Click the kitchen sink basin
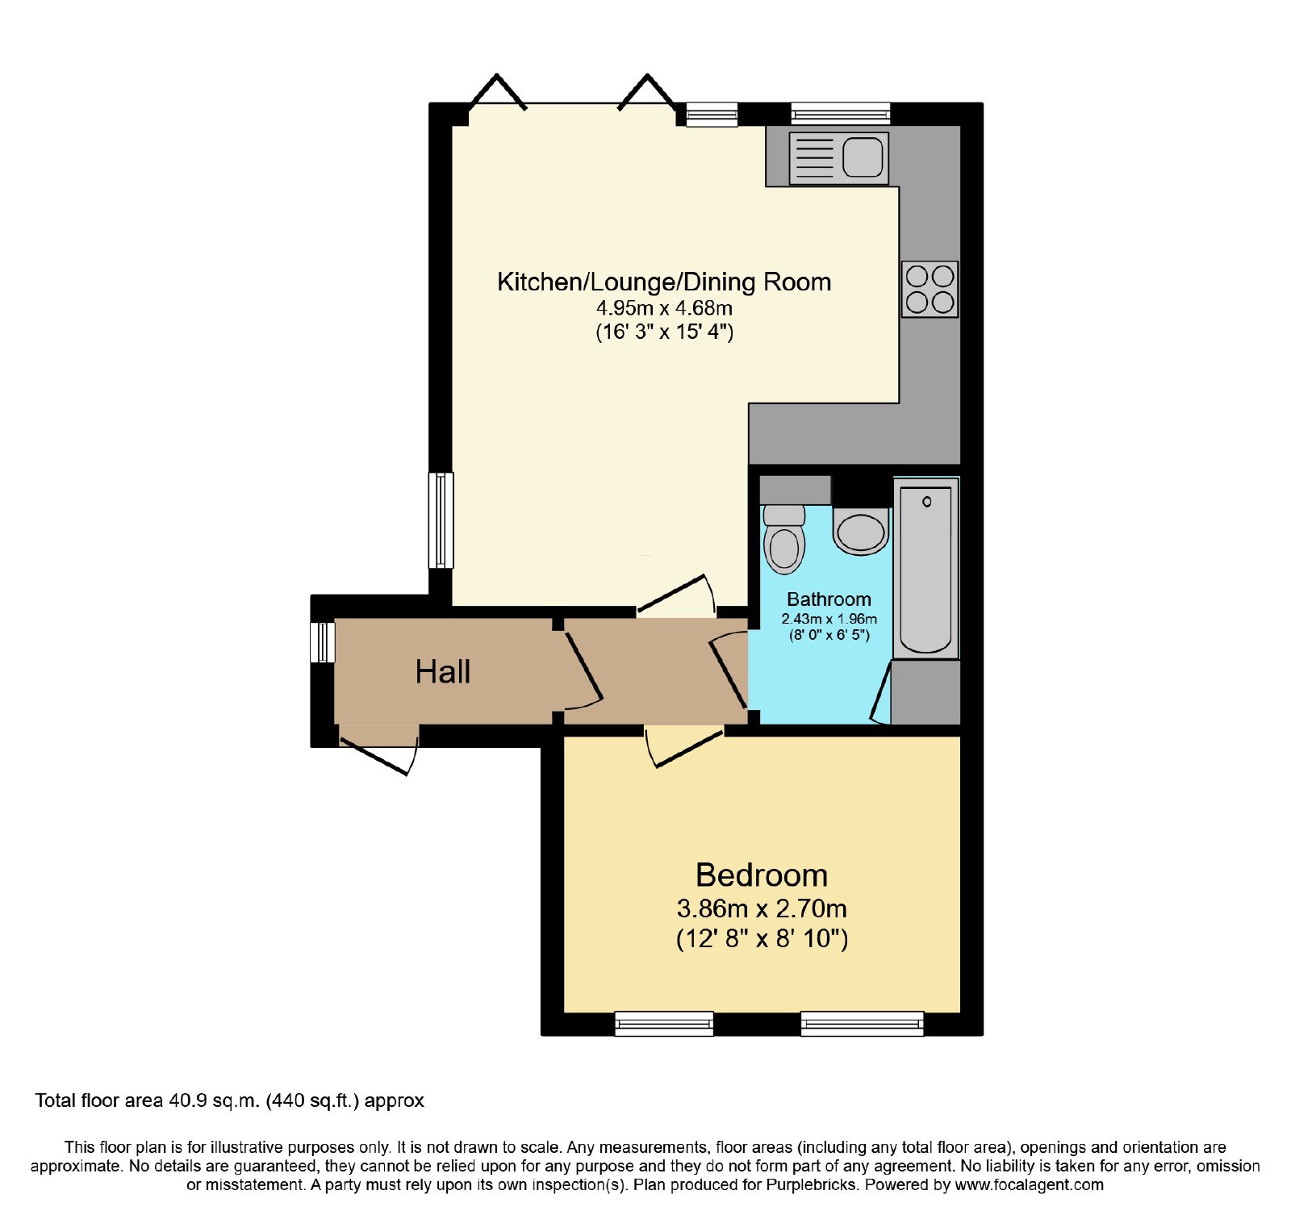[863, 157]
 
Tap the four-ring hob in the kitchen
[930, 289]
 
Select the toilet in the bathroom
[783, 539]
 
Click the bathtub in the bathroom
[926, 568]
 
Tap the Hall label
[442, 672]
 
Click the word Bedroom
[762, 875]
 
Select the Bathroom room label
[829, 599]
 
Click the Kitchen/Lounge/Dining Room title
[664, 282]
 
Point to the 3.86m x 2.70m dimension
[762, 909]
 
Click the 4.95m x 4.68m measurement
[664, 307]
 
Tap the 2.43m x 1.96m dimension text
[829, 619]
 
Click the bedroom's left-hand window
[664, 1024]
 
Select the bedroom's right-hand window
[862, 1024]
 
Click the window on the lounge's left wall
[441, 520]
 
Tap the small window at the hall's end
[323, 642]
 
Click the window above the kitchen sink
[840, 114]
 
